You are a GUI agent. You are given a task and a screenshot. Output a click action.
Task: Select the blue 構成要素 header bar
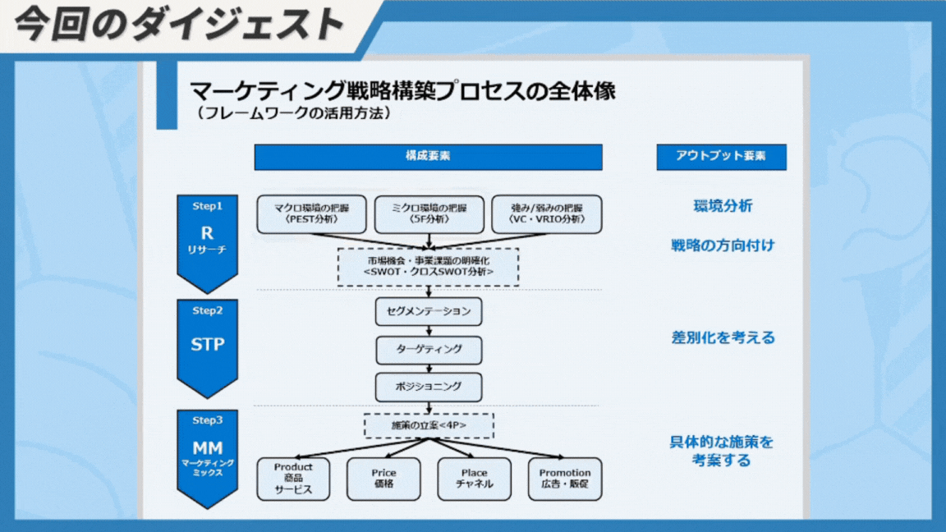pyautogui.click(x=428, y=157)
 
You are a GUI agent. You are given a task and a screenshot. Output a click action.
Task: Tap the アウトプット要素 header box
pyautogui.click(x=721, y=157)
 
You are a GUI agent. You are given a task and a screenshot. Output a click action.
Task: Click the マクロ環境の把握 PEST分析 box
pyautogui.click(x=311, y=214)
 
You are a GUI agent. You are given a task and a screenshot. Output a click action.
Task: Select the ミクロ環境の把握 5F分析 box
pyautogui.click(x=429, y=214)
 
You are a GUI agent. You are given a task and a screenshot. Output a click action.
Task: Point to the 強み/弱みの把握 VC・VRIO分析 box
pyautogui.click(x=546, y=214)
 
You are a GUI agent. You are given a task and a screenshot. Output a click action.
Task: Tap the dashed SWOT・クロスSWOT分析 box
pyautogui.click(x=429, y=266)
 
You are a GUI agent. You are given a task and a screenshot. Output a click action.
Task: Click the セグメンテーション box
pyautogui.click(x=429, y=312)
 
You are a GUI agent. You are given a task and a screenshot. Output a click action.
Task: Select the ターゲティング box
pyautogui.click(x=429, y=349)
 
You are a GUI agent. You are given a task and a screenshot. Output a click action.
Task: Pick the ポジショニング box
pyautogui.click(x=429, y=386)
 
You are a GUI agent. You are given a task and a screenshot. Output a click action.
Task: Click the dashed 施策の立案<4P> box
pyautogui.click(x=429, y=426)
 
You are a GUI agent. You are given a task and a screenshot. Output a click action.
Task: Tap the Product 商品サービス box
pyautogui.click(x=293, y=479)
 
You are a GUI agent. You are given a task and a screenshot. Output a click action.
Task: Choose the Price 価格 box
pyautogui.click(x=383, y=479)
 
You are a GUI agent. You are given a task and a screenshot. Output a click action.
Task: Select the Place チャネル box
pyautogui.click(x=474, y=479)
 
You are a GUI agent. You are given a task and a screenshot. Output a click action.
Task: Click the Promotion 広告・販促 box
pyautogui.click(x=565, y=479)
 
